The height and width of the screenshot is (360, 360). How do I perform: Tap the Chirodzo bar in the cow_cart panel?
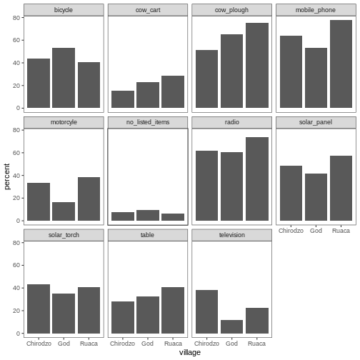click(x=122, y=99)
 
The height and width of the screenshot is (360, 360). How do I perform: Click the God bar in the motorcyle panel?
click(x=64, y=211)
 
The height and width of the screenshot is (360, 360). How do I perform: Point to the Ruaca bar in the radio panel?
click(x=257, y=179)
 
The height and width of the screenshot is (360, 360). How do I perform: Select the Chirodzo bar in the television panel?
click(x=206, y=311)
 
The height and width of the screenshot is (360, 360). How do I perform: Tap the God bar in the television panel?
click(x=231, y=326)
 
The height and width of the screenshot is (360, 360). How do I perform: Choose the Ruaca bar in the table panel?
click(x=173, y=310)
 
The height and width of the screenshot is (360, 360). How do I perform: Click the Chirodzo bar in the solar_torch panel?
click(x=39, y=309)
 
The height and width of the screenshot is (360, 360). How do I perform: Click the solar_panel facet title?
click(x=315, y=122)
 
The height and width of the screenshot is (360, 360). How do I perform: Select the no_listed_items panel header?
click(x=148, y=122)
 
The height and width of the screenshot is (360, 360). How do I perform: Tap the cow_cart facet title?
click(x=148, y=9)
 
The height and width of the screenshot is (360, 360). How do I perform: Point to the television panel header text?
click(x=231, y=235)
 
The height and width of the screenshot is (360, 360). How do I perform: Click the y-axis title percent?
click(x=7, y=175)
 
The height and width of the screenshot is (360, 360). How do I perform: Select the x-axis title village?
click(x=189, y=352)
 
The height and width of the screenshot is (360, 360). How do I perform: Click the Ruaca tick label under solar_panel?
click(x=341, y=231)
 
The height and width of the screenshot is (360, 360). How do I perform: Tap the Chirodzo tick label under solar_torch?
click(x=39, y=344)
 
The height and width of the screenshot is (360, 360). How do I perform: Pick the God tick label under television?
click(x=231, y=344)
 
